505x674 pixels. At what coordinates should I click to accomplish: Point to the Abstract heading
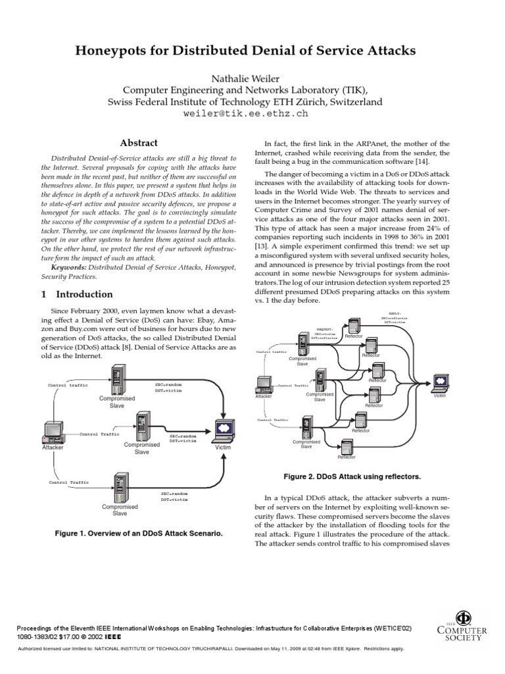138,142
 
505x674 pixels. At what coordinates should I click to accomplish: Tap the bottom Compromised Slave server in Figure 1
120,488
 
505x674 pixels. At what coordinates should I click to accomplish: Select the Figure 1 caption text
138,534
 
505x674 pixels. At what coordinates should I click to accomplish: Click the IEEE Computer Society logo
463,624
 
